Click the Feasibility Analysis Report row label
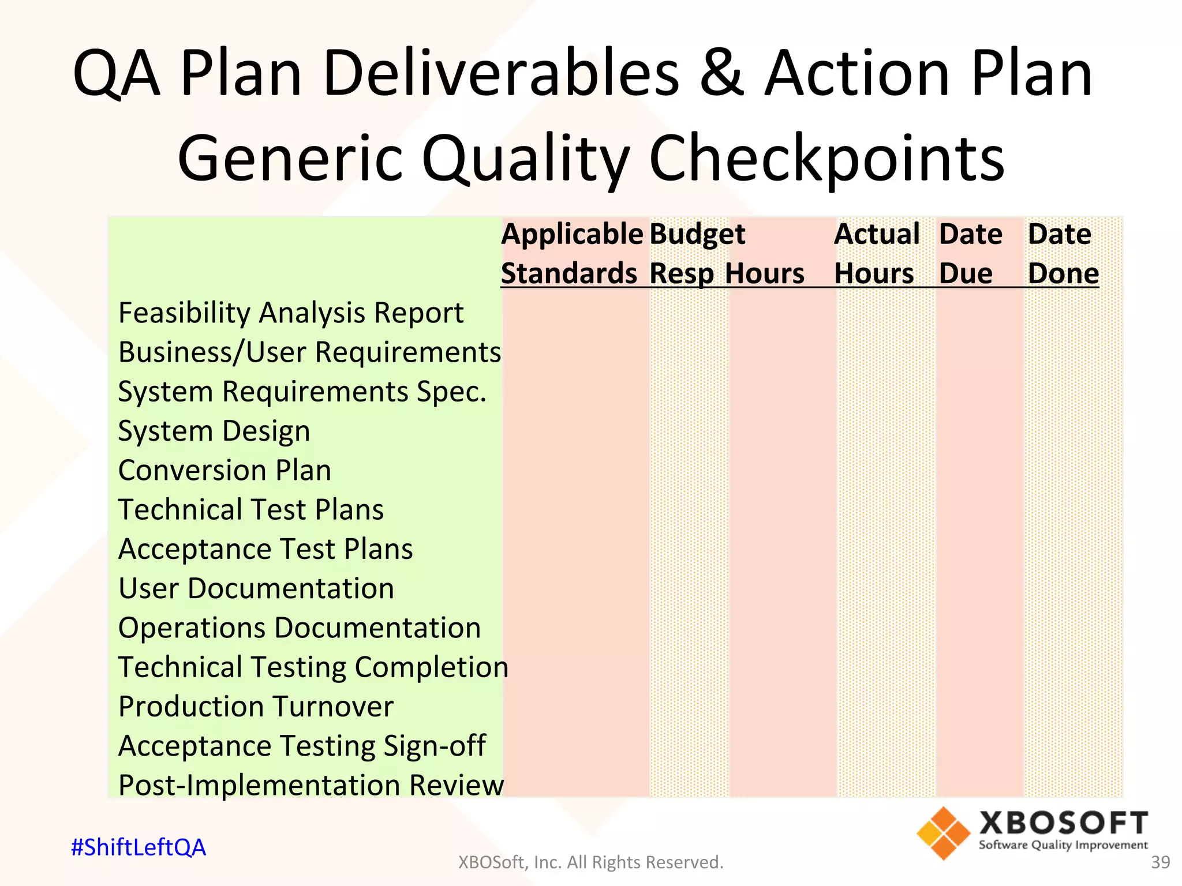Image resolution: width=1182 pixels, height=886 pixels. tap(290, 313)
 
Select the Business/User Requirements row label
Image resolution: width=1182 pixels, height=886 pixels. tap(309, 352)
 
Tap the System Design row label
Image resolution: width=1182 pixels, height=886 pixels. tap(214, 431)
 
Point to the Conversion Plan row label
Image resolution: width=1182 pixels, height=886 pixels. tap(225, 470)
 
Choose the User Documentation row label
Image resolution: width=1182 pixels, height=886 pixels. tap(256, 588)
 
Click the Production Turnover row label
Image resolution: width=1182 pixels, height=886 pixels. tap(256, 707)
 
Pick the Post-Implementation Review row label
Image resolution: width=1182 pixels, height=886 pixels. tap(311, 785)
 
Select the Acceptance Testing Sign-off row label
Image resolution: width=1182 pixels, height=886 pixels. tap(302, 746)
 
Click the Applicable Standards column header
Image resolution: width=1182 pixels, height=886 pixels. tap(571, 254)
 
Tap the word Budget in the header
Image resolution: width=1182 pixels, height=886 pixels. tap(697, 235)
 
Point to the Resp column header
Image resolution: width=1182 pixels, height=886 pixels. tap(681, 274)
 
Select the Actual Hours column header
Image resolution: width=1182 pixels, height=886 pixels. tap(876, 254)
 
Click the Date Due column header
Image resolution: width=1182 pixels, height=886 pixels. tap(970, 254)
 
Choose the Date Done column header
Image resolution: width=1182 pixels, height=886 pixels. tap(1062, 254)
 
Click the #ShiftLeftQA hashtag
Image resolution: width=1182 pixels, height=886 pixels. tap(139, 847)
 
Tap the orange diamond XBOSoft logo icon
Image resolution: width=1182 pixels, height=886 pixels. tap(943, 834)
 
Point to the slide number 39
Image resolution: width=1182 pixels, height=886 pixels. tap(1160, 862)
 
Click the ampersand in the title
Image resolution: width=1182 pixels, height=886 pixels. tap(723, 74)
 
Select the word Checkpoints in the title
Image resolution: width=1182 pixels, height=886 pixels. tap(826, 158)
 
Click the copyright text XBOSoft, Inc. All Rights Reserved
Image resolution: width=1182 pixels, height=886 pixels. tap(590, 862)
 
